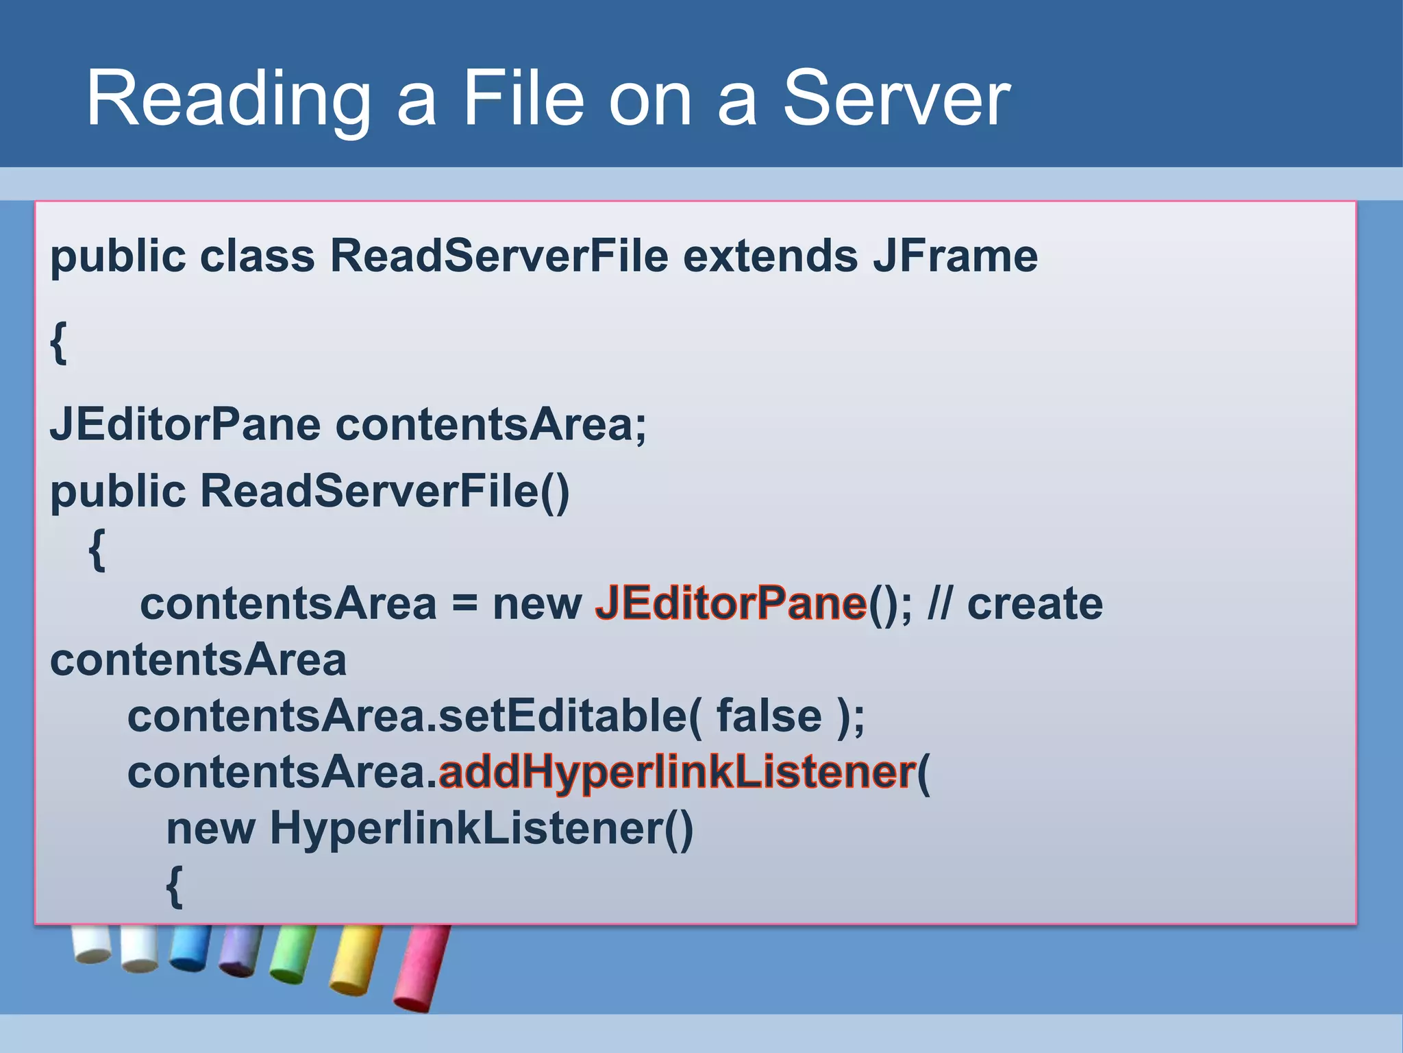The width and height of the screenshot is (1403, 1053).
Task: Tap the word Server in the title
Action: (x=895, y=99)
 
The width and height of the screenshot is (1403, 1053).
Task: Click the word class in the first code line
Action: (x=257, y=256)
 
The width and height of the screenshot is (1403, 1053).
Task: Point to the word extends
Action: (x=770, y=256)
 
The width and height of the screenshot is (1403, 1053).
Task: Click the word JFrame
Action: (x=955, y=256)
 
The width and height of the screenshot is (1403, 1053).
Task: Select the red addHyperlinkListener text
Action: (x=677, y=773)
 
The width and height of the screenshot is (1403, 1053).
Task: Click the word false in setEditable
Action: (x=769, y=716)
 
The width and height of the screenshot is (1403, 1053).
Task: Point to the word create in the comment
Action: (x=1034, y=604)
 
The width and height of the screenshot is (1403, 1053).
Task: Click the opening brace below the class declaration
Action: (x=59, y=343)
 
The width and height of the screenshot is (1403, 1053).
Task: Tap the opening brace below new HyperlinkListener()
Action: (x=175, y=886)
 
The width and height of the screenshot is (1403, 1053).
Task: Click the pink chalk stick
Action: (x=421, y=967)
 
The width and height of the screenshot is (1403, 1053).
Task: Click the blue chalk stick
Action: (x=190, y=947)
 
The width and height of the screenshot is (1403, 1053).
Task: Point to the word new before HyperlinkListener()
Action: (x=210, y=829)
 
